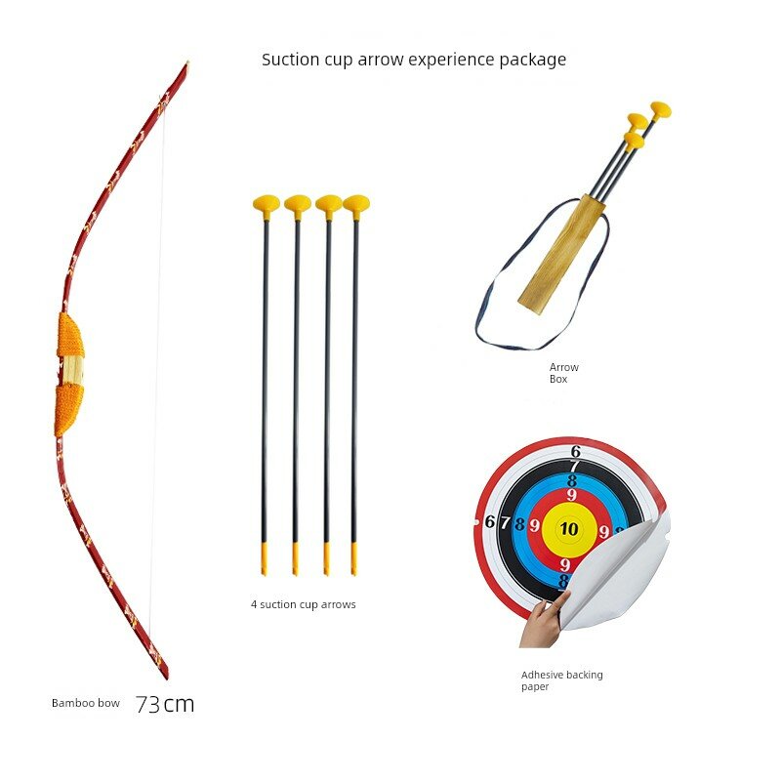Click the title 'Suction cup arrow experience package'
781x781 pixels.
tap(414, 60)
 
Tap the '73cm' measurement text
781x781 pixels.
tap(165, 704)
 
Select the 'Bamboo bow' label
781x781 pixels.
tap(86, 703)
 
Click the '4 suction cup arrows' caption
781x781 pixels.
tap(304, 604)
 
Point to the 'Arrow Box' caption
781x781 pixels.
tap(564, 373)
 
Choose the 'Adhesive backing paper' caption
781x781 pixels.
tap(562, 680)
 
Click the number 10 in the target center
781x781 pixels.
tap(569, 528)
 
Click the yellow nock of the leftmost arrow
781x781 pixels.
tap(264, 558)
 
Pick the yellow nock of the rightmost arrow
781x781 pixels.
tap(354, 558)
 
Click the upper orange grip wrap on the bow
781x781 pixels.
tap(70, 335)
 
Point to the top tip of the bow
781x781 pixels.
tap(187, 62)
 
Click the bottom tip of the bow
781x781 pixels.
tap(166, 677)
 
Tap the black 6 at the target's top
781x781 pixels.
tap(576, 451)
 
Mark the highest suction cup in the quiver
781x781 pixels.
tap(661, 110)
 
